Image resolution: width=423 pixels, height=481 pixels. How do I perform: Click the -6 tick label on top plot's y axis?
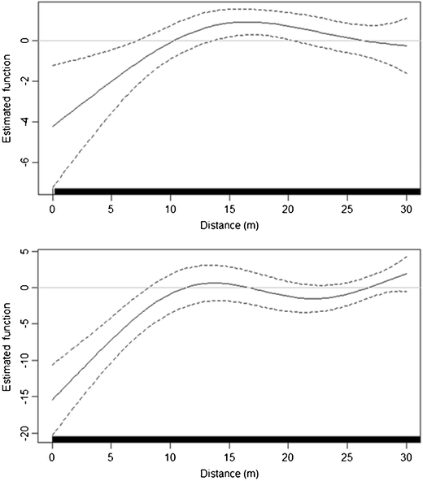pos(29,162)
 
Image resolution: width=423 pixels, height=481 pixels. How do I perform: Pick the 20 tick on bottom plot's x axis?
pos(289,456)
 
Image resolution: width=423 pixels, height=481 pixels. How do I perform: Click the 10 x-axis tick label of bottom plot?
pos(171,456)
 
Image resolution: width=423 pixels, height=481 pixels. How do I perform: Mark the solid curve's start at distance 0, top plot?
pos(53,126)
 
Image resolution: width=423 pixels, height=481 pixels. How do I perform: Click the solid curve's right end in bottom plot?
pos(407,274)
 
